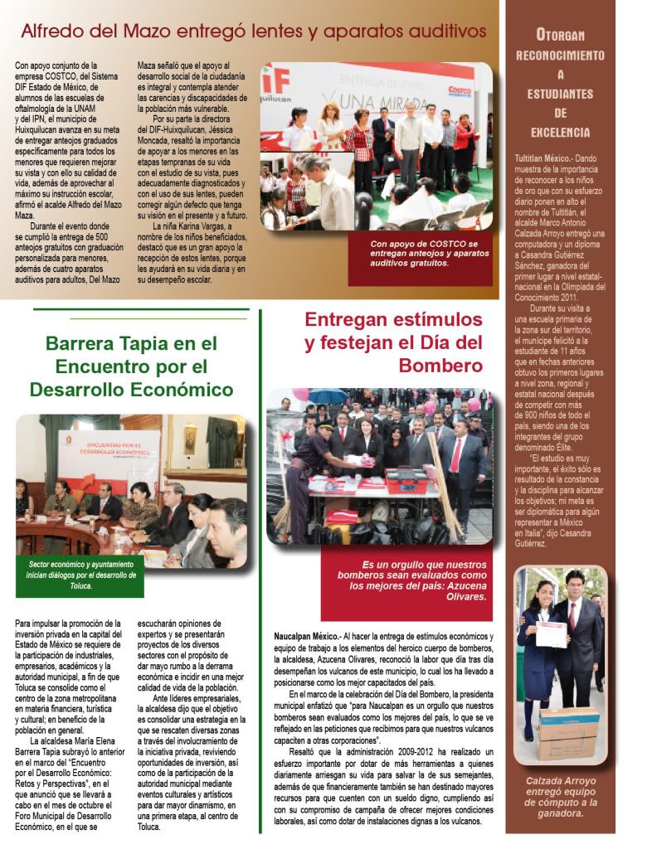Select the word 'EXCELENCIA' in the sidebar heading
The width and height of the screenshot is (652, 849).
click(x=562, y=133)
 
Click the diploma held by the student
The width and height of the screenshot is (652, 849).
click(x=551, y=634)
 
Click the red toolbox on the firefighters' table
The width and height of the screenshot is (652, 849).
click(x=406, y=480)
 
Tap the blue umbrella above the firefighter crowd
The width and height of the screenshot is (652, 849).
click(x=327, y=396)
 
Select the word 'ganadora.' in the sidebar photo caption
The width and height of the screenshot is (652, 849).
click(x=562, y=813)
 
